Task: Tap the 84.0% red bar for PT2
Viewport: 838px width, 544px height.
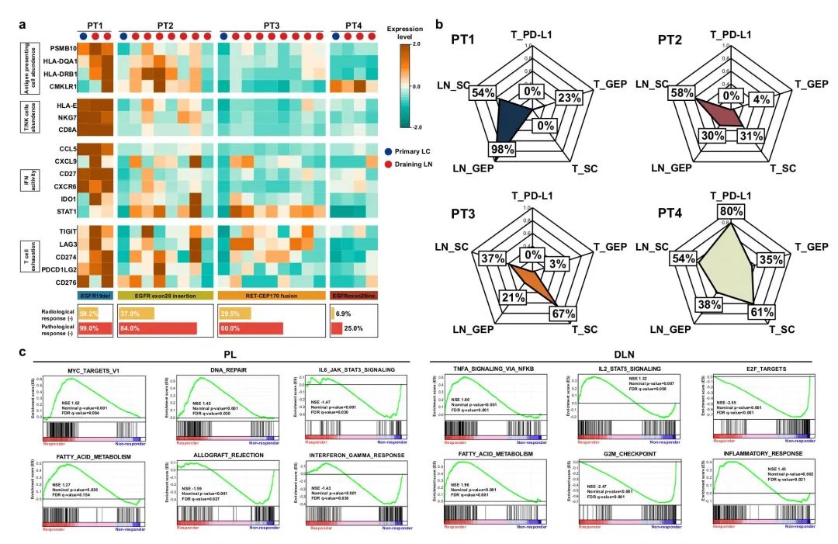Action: click(158, 328)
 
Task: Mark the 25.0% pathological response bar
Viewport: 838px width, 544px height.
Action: click(337, 328)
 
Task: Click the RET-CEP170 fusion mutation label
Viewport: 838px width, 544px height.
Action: click(268, 296)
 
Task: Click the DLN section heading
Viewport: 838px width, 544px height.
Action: click(625, 354)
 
